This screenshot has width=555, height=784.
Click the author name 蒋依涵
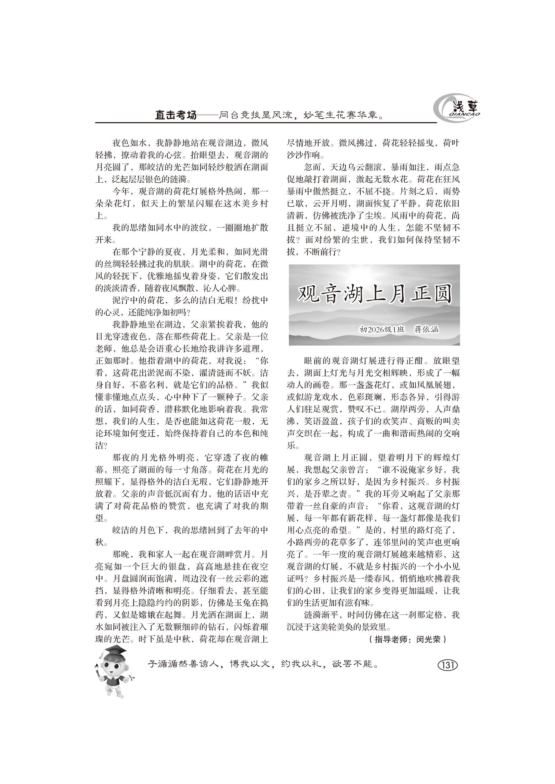pyautogui.click(x=426, y=329)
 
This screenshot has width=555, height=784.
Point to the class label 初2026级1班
pyautogui.click(x=382, y=329)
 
